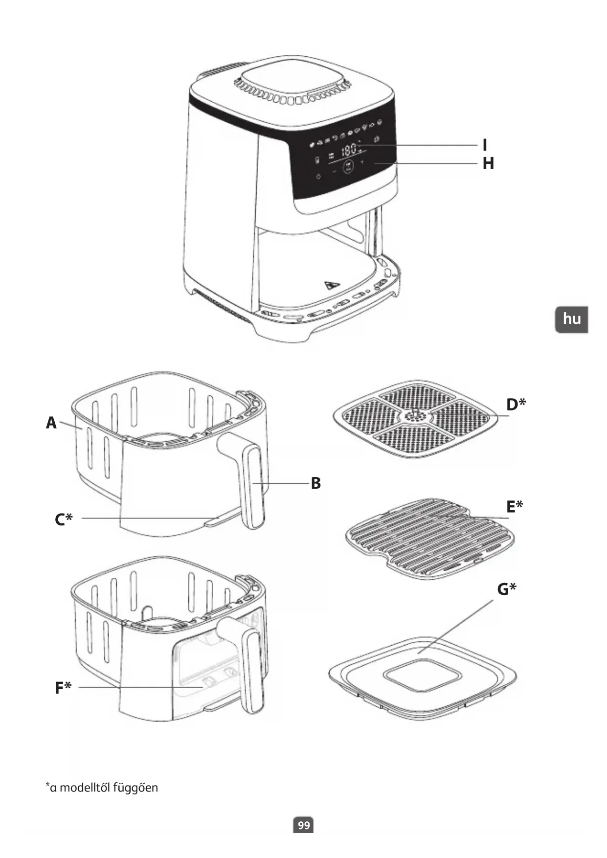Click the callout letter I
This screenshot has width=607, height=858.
pyautogui.click(x=485, y=145)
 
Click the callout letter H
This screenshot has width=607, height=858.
pyautogui.click(x=488, y=163)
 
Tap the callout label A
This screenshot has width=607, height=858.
pyautogui.click(x=51, y=423)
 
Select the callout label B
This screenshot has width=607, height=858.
pyautogui.click(x=316, y=483)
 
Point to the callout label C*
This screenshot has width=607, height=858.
pyautogui.click(x=64, y=519)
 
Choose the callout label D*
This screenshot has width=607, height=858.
pyautogui.click(x=516, y=405)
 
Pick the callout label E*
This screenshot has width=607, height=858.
pyautogui.click(x=515, y=506)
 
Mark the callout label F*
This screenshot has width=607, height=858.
pyautogui.click(x=63, y=688)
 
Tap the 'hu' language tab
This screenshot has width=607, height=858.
pyautogui.click(x=571, y=319)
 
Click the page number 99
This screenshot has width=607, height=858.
pyautogui.click(x=304, y=826)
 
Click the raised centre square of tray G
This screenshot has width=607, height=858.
pyautogui.click(x=422, y=675)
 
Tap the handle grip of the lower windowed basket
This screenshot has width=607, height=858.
pyautogui.click(x=253, y=670)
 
